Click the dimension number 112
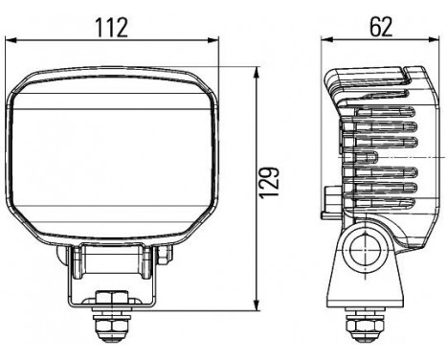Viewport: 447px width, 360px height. pos(112,28)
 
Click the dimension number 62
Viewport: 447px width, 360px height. pos(381,27)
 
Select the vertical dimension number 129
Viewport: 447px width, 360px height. pos(269,182)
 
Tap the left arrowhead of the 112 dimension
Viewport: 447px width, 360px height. pos(11,40)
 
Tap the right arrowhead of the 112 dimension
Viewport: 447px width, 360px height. pos(213,40)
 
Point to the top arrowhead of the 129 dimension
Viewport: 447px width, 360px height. pos(257,72)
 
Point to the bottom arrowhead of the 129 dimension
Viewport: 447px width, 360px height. pos(257,304)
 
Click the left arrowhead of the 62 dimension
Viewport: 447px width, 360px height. pos(326,39)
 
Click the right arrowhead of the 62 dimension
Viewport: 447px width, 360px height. pos(434,39)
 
